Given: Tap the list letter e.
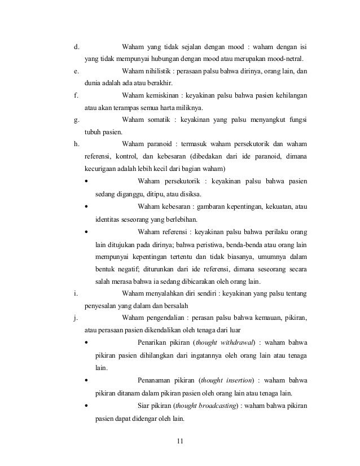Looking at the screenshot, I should (76, 72).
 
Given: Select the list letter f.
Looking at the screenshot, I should (76, 95).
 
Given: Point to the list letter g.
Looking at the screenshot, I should (76, 120).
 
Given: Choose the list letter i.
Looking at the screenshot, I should (75, 293).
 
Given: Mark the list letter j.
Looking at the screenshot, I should (75, 318).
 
